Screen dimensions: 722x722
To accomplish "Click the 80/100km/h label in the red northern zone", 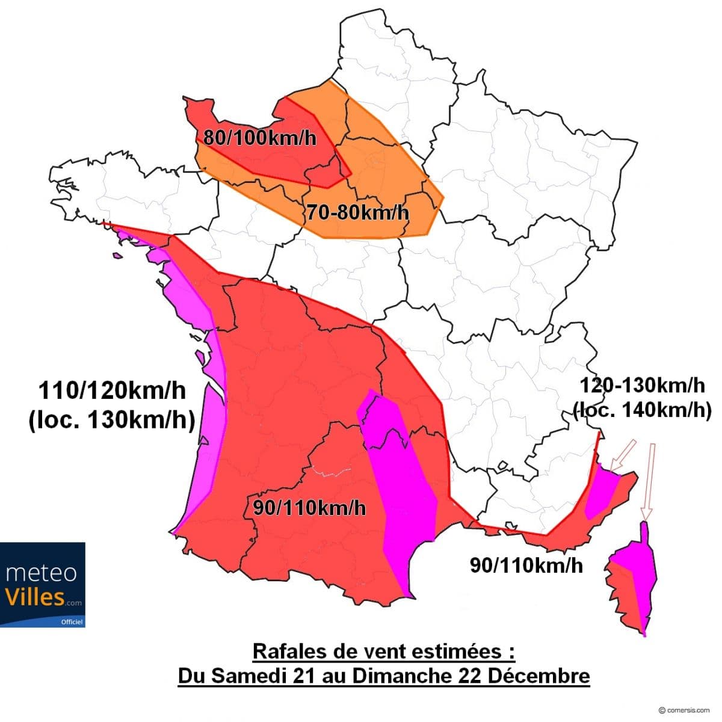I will click(x=259, y=137).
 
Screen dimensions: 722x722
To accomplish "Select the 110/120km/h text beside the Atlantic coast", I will click(x=112, y=391).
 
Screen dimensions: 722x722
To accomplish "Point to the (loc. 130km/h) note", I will click(x=112, y=420).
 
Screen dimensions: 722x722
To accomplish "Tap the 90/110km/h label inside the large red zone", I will click(x=309, y=508).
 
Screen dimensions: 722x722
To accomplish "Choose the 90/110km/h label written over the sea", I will click(x=526, y=565).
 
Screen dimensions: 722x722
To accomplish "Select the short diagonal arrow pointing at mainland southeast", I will click(x=622, y=455).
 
